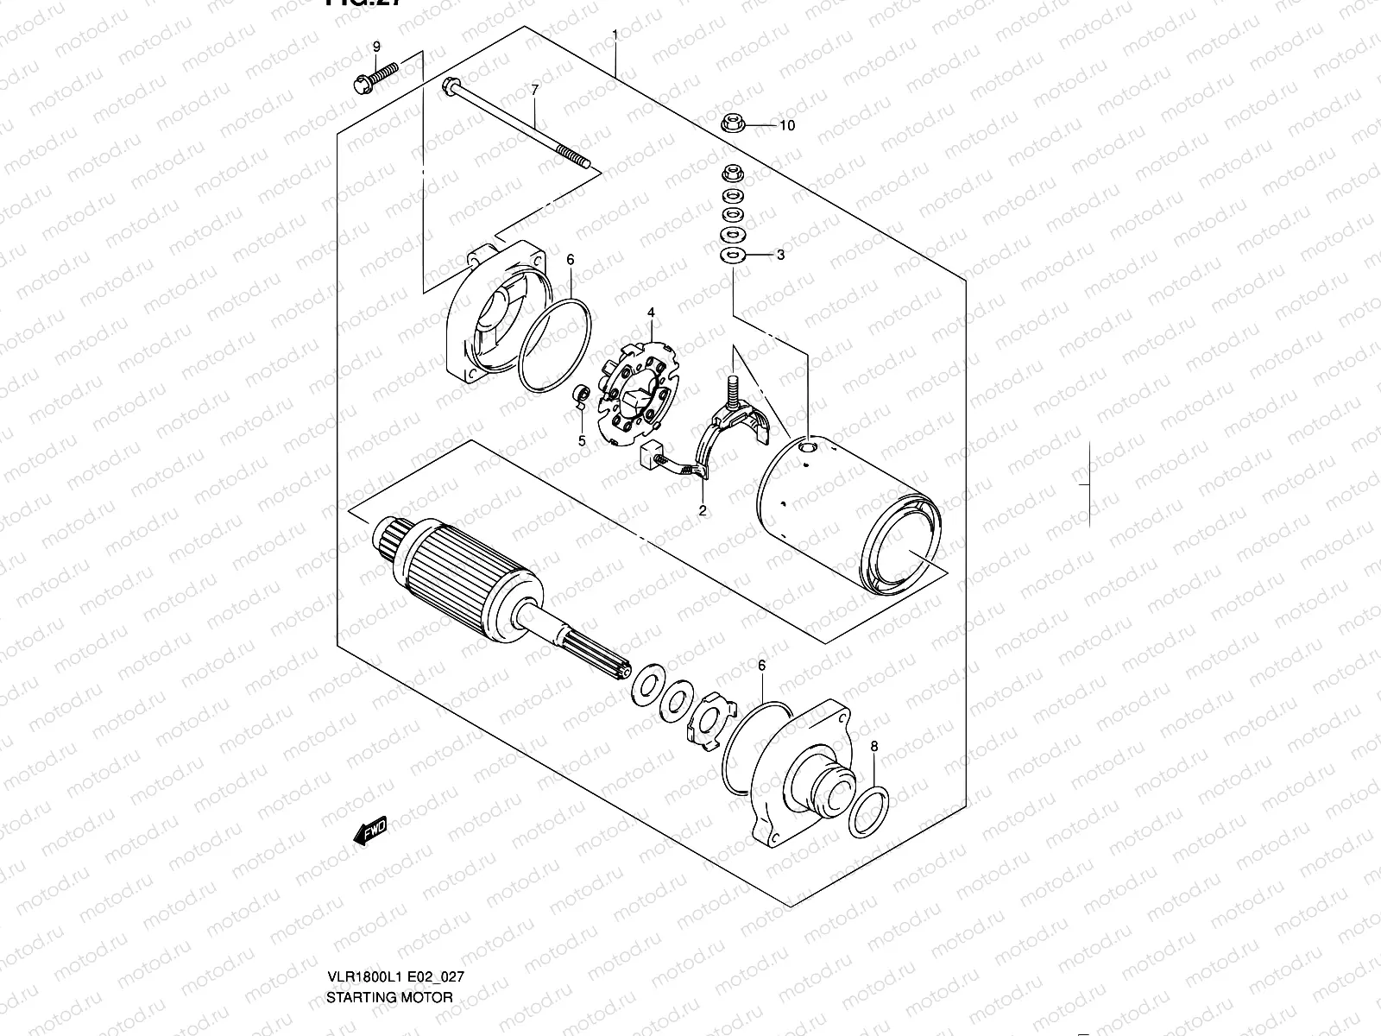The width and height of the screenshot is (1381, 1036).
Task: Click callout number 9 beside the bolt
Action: pos(376,45)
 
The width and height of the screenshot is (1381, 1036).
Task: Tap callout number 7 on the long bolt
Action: pos(534,90)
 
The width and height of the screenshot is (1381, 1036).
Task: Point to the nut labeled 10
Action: pos(732,123)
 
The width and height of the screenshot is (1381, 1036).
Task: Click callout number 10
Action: pos(786,125)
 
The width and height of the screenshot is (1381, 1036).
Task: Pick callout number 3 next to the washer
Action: pos(780,255)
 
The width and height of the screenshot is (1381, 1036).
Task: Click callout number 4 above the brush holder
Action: pos(652,313)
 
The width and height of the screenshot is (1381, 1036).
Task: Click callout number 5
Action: pos(582,440)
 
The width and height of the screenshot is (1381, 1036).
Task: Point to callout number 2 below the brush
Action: pos(703,510)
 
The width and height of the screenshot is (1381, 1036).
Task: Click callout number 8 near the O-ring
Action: pos(873,745)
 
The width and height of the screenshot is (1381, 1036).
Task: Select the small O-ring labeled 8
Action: pos(867,812)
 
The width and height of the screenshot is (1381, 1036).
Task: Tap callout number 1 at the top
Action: pos(615,35)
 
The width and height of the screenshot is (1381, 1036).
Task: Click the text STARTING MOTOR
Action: pos(389,997)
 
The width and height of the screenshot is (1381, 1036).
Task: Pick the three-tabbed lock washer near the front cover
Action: pos(711,718)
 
